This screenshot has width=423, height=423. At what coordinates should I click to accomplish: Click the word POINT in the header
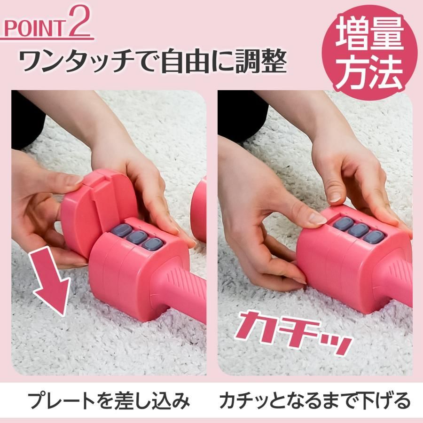pos(34,28)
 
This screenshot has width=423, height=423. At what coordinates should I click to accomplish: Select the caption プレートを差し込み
pos(109,400)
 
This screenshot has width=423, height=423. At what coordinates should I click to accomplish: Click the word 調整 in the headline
pos(260,61)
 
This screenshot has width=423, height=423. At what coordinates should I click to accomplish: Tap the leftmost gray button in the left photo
pos(121,230)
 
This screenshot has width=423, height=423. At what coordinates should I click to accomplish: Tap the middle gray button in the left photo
pos(136,236)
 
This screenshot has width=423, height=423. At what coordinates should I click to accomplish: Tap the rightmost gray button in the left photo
pos(152,243)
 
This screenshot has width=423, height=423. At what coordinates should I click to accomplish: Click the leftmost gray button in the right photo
pos(343,223)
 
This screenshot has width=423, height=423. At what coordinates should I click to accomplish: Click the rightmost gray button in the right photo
pos(374,236)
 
